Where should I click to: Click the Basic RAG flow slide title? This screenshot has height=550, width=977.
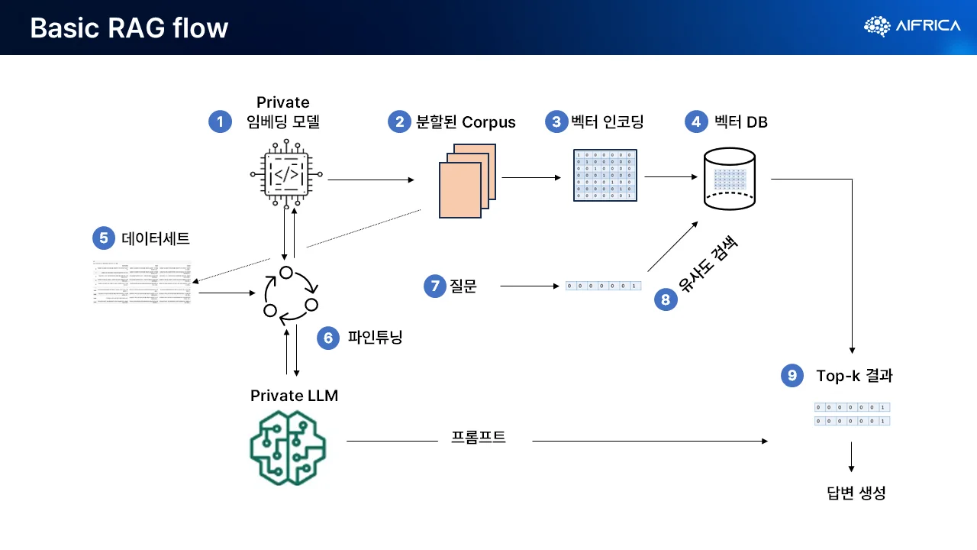(x=129, y=28)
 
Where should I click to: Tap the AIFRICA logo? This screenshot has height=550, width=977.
(x=912, y=26)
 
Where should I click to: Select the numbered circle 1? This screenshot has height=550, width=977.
(x=220, y=121)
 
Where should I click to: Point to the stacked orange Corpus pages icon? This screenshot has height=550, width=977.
(x=467, y=181)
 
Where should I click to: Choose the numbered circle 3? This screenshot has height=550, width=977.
(x=556, y=121)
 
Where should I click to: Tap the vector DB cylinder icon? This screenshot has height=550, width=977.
(x=728, y=180)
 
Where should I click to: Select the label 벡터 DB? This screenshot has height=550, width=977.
(x=740, y=121)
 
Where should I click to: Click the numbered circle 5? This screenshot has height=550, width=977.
(x=103, y=238)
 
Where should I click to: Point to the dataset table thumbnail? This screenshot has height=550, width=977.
(x=142, y=283)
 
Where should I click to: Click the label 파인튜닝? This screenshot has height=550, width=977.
(x=374, y=337)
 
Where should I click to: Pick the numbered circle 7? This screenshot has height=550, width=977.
(x=435, y=286)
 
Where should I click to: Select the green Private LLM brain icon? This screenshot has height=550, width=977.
(x=288, y=448)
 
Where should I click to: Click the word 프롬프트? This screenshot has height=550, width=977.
(x=479, y=438)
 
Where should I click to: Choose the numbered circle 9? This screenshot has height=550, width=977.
(x=792, y=375)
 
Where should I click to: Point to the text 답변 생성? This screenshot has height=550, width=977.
(x=856, y=493)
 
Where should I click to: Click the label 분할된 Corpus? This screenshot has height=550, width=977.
(x=465, y=121)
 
